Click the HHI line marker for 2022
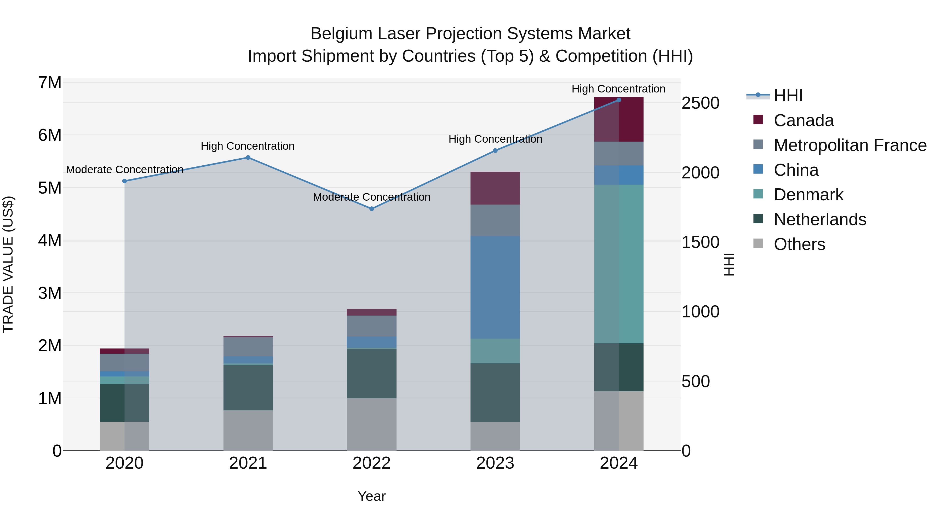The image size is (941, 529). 371,209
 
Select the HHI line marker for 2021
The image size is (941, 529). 248,158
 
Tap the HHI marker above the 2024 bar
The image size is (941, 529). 618,100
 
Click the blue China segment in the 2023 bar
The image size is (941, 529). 495,287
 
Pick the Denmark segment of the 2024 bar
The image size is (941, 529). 618,264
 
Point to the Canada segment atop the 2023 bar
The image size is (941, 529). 495,188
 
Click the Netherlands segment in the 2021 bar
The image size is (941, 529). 248,388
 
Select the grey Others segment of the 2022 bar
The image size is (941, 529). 371,424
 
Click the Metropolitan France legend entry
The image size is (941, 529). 850,145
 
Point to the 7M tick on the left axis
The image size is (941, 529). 50,83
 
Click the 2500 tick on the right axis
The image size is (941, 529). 700,103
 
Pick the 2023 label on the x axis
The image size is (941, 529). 495,463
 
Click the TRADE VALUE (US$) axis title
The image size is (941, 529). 8,264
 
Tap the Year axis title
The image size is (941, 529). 371,496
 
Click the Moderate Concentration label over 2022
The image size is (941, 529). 371,197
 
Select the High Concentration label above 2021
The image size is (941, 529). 248,146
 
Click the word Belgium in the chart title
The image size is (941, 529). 341,34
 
